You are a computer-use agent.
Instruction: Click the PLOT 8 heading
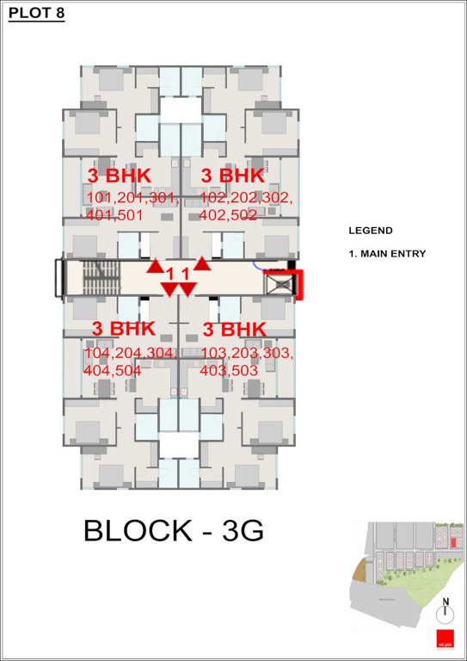pos(36,14)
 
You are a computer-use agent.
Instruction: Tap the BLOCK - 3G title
pos(173,531)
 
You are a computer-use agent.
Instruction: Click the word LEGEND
pos(370,231)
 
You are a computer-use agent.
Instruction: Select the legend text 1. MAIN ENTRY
pos(386,254)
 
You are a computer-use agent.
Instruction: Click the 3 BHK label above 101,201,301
pos(120,176)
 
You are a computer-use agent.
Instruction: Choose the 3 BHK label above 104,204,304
pos(123,329)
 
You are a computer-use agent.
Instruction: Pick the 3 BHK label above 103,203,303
pos(234,329)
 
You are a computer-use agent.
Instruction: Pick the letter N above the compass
pos(445,601)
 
